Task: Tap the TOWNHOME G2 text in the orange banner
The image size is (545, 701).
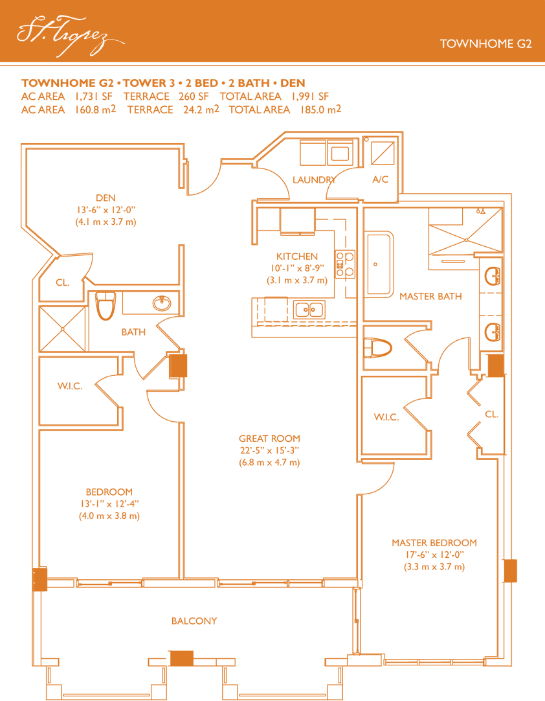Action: click(485, 43)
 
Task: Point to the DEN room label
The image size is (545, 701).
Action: click(106, 198)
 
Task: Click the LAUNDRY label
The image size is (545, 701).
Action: click(314, 179)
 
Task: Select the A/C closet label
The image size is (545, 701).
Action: click(380, 179)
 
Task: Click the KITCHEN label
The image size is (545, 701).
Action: click(297, 256)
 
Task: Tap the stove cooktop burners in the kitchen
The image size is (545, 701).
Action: click(345, 264)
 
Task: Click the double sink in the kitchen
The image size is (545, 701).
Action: click(309, 310)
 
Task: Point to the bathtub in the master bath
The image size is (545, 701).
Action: click(379, 264)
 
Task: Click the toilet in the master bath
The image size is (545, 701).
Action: click(377, 348)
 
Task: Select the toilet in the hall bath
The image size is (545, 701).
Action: click(106, 305)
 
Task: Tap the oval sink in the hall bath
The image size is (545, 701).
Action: click(162, 303)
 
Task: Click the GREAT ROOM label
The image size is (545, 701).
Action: click(269, 439)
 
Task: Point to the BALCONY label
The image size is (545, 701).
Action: click(194, 621)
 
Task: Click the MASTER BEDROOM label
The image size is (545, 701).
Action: click(434, 543)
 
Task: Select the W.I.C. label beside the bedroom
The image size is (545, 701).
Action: click(70, 386)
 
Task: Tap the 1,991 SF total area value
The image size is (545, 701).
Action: click(310, 97)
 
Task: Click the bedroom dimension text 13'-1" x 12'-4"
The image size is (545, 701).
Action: click(109, 504)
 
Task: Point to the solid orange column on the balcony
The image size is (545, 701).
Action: click(182, 658)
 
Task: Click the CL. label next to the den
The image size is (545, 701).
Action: click(63, 282)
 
